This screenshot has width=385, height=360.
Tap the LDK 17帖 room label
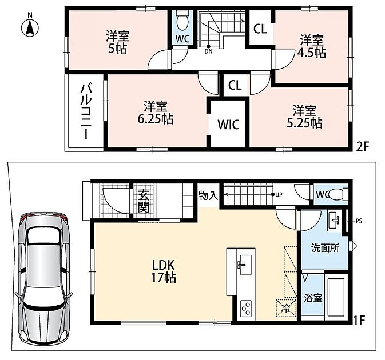click(x=164, y=271)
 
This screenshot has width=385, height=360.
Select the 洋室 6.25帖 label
click(x=155, y=113)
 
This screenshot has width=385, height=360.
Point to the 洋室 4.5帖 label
click(x=312, y=46)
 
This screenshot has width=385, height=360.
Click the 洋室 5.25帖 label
click(x=304, y=117)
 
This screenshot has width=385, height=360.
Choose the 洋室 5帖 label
click(x=118, y=42)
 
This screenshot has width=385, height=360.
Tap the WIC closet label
click(x=228, y=125)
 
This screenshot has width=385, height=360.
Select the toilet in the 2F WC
click(x=182, y=20)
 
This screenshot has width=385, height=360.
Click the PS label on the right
click(x=359, y=221)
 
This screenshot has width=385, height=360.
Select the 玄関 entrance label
click(x=144, y=201)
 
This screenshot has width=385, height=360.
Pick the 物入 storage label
click(x=208, y=195)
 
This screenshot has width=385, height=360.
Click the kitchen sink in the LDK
click(x=245, y=265)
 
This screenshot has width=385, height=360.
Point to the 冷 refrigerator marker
click(x=286, y=308)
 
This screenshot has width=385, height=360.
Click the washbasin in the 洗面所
click(x=335, y=221)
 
